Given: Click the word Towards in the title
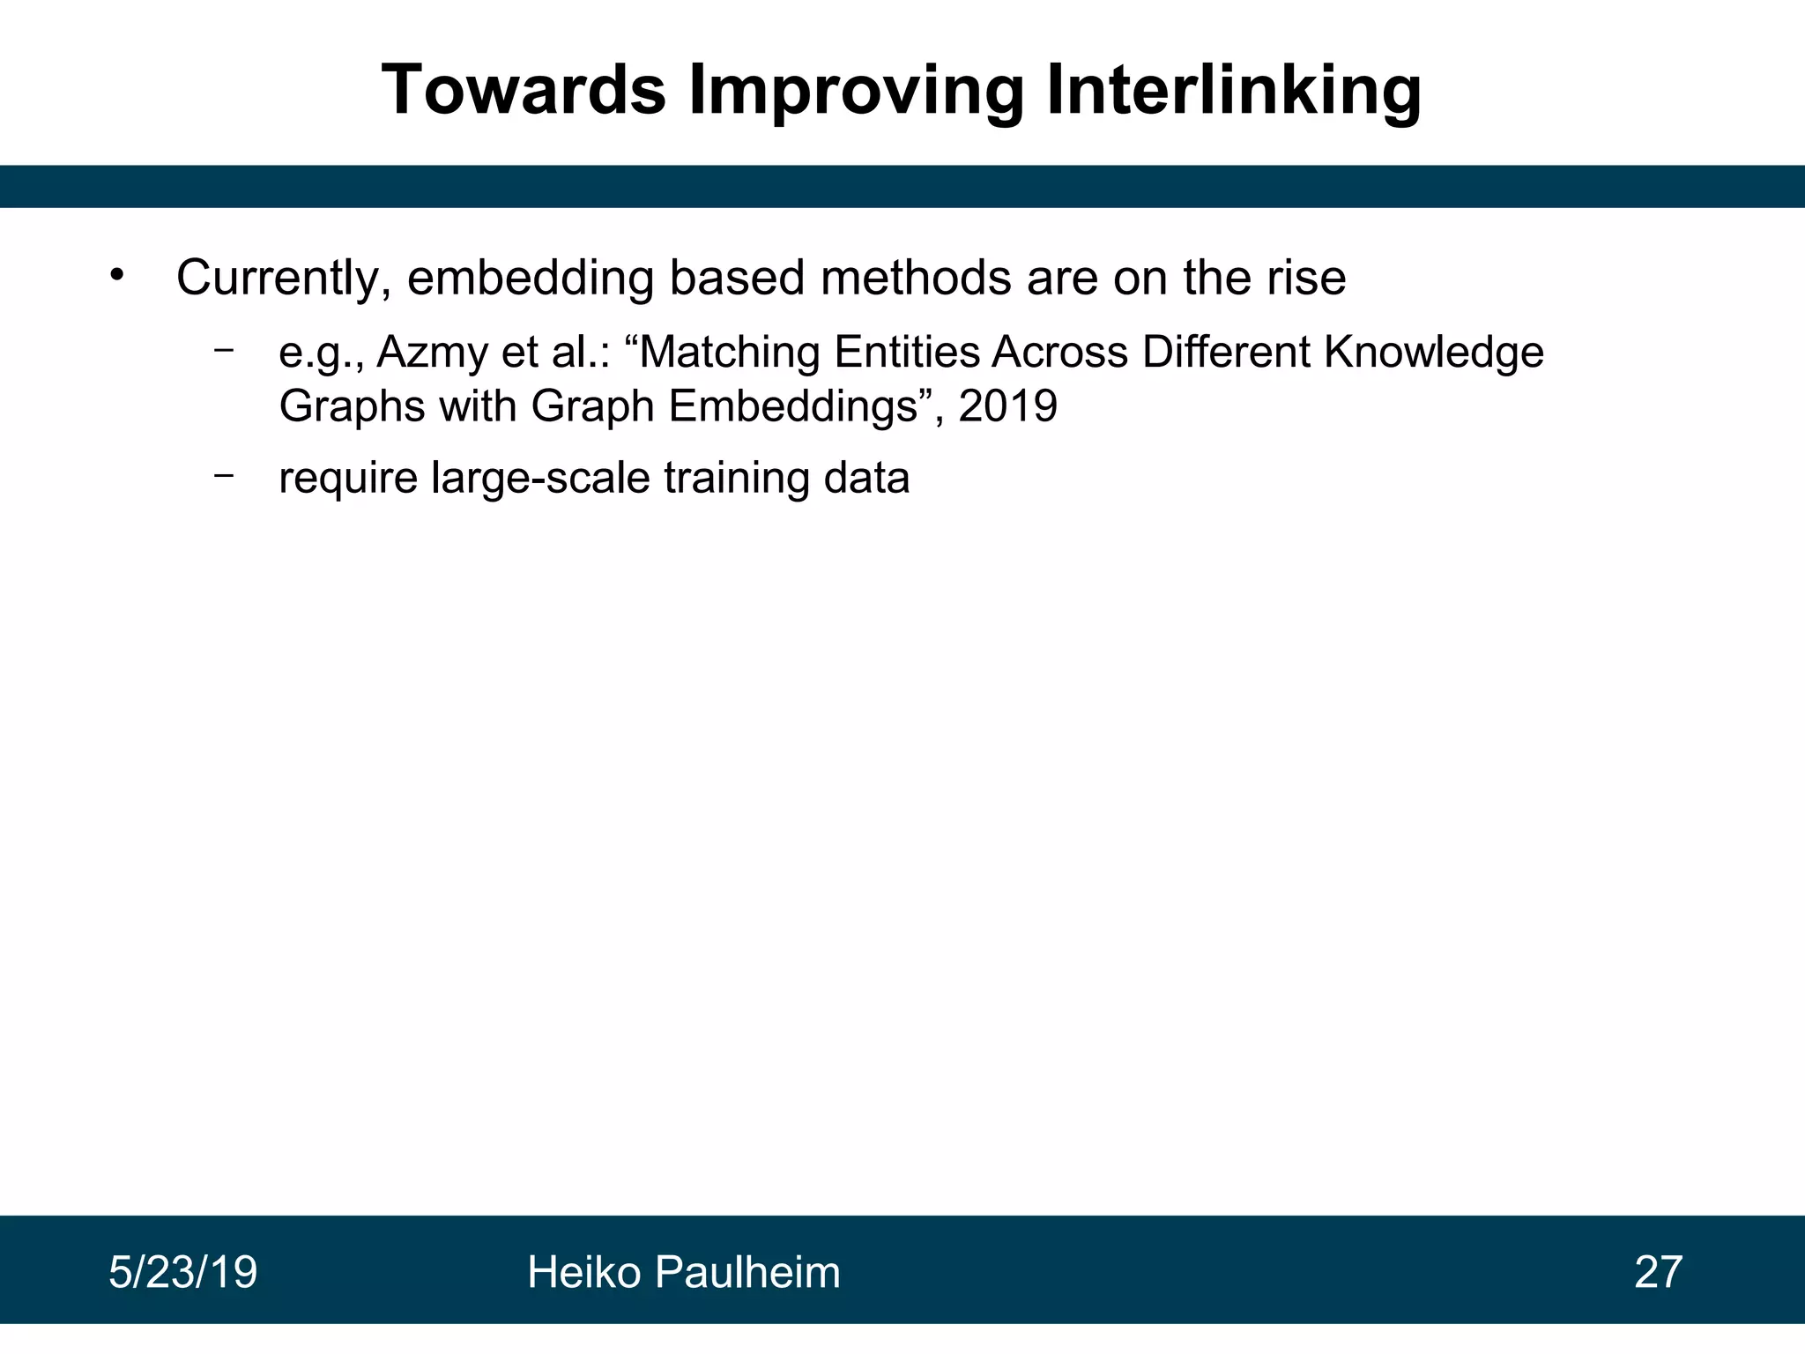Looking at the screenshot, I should click(x=524, y=90).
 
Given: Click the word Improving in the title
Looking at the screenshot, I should click(x=856, y=90).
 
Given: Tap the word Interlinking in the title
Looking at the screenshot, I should click(x=1233, y=90).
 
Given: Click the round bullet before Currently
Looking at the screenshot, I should click(x=118, y=275).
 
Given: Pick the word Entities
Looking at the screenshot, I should click(x=907, y=353).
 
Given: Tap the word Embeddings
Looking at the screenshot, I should click(x=793, y=407).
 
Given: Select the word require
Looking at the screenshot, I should click(x=347, y=479).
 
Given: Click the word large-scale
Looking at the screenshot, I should click(x=540, y=479).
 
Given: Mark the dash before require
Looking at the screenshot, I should click(x=224, y=475).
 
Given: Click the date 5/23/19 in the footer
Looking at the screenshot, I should click(x=182, y=1273).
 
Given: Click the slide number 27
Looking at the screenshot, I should click(x=1658, y=1273).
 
